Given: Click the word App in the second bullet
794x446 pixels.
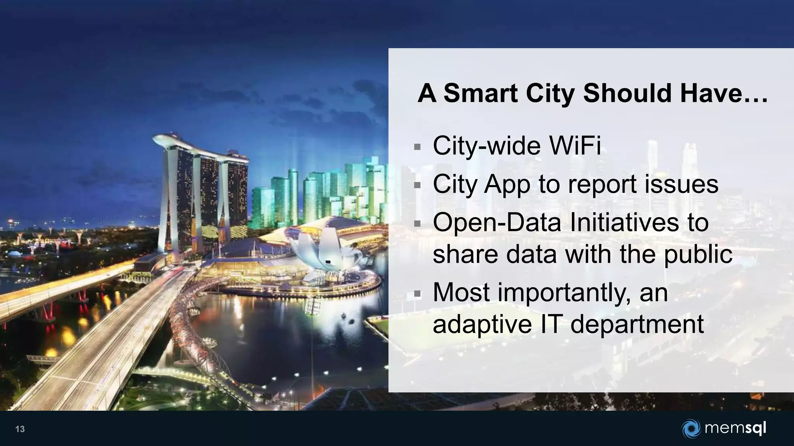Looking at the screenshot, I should (507, 184).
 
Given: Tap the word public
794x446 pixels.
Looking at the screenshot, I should (698, 255).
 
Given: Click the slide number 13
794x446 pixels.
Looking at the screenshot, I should (20, 429).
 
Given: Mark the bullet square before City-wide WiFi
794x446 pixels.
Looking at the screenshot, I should (417, 147).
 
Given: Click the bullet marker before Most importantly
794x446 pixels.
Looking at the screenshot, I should (417, 294).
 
